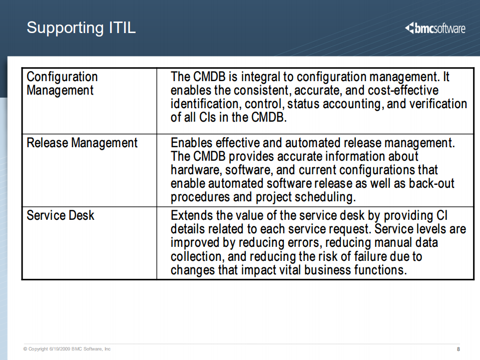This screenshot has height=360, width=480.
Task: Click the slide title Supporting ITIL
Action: click(x=81, y=27)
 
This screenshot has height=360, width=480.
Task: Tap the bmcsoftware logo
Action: click(x=435, y=28)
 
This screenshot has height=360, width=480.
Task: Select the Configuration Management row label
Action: click(x=62, y=84)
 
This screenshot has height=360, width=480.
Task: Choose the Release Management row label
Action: click(x=82, y=143)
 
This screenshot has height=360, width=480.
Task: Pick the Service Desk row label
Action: click(x=60, y=216)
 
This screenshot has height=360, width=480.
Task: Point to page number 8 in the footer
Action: click(x=458, y=349)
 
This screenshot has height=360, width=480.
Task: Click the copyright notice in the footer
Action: click(x=67, y=349)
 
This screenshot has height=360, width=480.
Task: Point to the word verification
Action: click(x=438, y=104)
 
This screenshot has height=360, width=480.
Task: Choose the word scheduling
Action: click(x=325, y=197)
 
